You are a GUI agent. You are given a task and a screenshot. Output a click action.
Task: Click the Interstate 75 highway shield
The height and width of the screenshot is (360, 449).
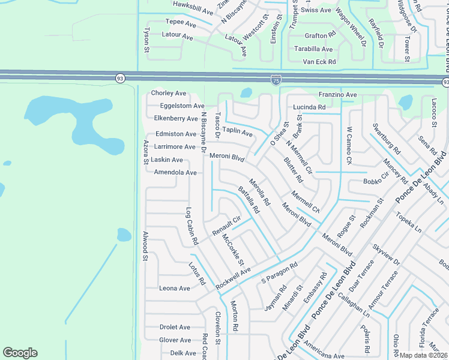coord(275,79)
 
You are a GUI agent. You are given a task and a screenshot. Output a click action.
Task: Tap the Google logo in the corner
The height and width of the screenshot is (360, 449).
coord(20,353)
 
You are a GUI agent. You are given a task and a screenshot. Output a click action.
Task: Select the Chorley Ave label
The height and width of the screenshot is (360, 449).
coord(169,93)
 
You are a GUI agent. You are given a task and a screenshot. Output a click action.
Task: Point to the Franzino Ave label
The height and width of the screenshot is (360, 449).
coord(337,95)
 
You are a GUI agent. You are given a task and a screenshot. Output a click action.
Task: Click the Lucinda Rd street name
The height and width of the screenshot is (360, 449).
coord(309,107)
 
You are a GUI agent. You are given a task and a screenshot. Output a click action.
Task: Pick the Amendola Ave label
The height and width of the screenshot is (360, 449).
coord(175,172)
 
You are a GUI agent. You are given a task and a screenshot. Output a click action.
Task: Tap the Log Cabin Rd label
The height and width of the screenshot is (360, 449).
coord(191,226)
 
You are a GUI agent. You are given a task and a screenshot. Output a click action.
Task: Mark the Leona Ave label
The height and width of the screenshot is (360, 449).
coord(175,288)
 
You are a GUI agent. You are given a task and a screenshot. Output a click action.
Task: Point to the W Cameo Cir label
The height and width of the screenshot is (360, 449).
coord(348,145)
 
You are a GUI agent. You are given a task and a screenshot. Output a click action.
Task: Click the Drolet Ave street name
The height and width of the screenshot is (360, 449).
coord(175,327)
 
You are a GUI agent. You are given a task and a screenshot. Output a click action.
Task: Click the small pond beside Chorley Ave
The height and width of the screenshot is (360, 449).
coord(246,93)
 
